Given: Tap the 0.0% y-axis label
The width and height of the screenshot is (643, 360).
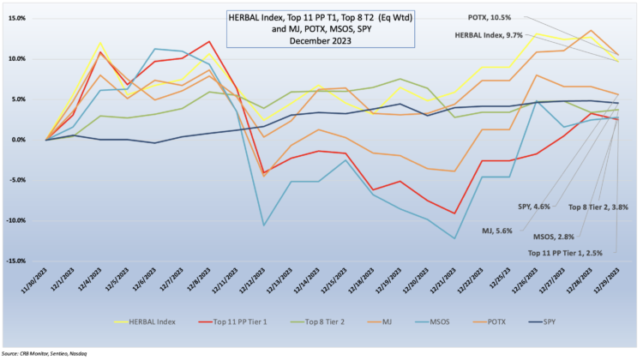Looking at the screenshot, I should coord(18,140).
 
